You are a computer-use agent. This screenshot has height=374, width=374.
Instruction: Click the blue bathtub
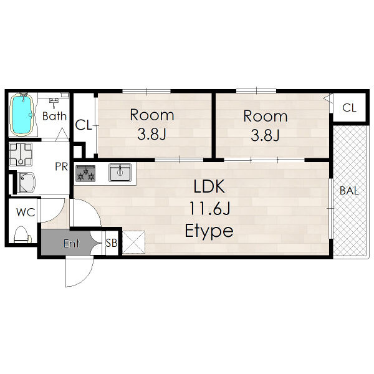point(22,115)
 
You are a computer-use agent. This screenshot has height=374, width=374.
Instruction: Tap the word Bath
point(54,116)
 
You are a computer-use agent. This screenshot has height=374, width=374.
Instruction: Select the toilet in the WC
point(22,234)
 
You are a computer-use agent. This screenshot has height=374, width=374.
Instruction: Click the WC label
point(26,213)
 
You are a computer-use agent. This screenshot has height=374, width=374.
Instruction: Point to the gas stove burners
point(85,173)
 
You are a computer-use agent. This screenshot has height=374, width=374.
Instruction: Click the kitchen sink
point(120,172)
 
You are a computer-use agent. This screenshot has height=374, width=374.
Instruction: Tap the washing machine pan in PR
point(21,155)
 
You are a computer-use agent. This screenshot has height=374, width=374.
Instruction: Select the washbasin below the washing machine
point(26,183)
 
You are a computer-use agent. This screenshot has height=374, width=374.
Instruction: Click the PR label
point(62,166)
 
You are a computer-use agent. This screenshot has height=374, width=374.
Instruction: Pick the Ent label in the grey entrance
point(71,244)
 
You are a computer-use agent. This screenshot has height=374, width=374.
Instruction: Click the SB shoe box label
point(112,243)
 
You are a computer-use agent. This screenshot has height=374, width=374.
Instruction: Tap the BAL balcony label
point(349,191)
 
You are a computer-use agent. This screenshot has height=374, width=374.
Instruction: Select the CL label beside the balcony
point(349,108)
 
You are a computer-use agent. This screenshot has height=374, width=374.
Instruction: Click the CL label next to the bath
point(84,125)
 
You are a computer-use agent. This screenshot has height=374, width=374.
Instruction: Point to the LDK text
point(209,186)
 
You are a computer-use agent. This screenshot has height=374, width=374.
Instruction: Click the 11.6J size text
point(209,208)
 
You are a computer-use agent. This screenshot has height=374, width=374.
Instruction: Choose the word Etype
point(209,231)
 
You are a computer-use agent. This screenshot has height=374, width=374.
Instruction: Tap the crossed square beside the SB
point(134,242)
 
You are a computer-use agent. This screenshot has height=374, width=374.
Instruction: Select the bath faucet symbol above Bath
point(54,101)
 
